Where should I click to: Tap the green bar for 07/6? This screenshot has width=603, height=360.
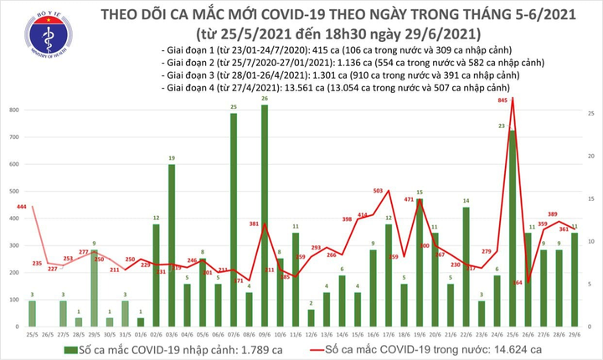[233, 219]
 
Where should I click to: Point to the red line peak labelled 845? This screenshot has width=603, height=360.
[512, 98]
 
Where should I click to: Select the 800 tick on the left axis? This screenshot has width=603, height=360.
[15, 111]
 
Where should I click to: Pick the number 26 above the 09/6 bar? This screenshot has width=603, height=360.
[264, 99]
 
